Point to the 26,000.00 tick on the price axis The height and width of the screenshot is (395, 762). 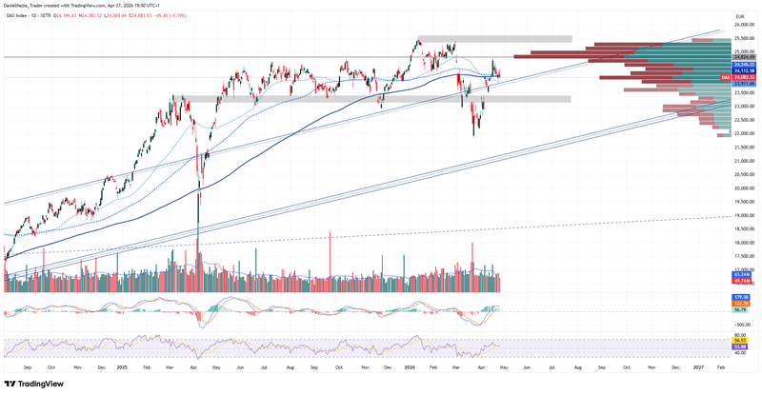pyautogui.click(x=744, y=25)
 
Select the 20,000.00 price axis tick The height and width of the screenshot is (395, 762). pyautogui.click(x=744, y=188)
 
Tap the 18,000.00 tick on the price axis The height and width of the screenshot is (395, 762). pyautogui.click(x=744, y=242)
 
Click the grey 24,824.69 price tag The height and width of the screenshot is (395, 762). pyautogui.click(x=744, y=57)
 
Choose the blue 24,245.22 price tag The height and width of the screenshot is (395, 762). pyautogui.click(x=744, y=65)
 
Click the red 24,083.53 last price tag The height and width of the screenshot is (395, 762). pyautogui.click(x=744, y=76)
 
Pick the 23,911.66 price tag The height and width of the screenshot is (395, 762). pyautogui.click(x=744, y=84)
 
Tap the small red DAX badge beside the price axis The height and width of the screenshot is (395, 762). pyautogui.click(x=725, y=76)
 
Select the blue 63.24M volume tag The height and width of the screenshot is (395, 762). pyautogui.click(x=744, y=274)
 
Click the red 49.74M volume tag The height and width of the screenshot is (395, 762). pyautogui.click(x=744, y=282)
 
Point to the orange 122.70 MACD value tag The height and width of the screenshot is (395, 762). pyautogui.click(x=744, y=304)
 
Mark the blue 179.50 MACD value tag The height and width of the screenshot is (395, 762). pyautogui.click(x=744, y=297)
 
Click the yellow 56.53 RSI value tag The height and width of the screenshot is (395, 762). pyautogui.click(x=744, y=340)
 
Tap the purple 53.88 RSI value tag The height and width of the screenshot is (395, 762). pyautogui.click(x=744, y=347)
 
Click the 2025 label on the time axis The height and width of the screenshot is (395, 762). pyautogui.click(x=122, y=365)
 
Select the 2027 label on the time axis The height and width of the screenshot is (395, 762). pyautogui.click(x=698, y=365)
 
